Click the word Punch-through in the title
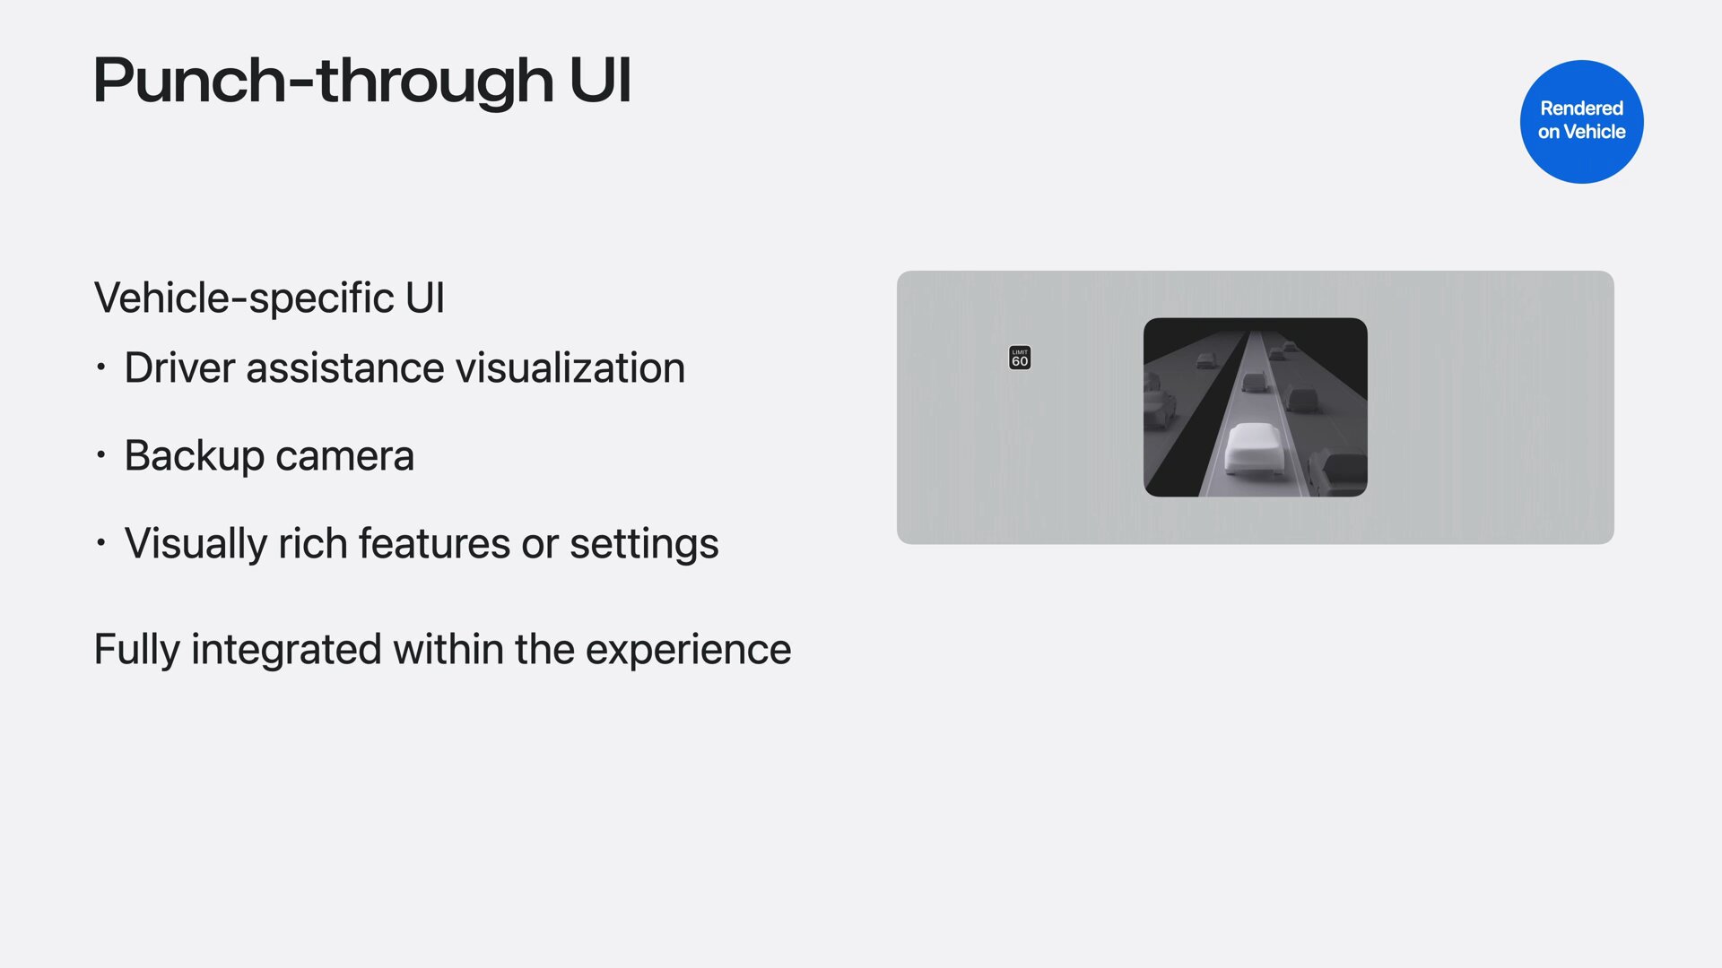[x=324, y=81]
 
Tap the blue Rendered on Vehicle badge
[x=1581, y=121]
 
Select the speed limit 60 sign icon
[x=1020, y=358]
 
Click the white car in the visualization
[x=1255, y=448]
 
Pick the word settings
[x=644, y=543]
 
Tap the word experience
[x=688, y=649]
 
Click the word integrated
[x=286, y=649]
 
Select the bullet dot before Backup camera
[x=101, y=455]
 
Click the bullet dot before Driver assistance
[x=101, y=367]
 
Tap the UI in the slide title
[x=600, y=81]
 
